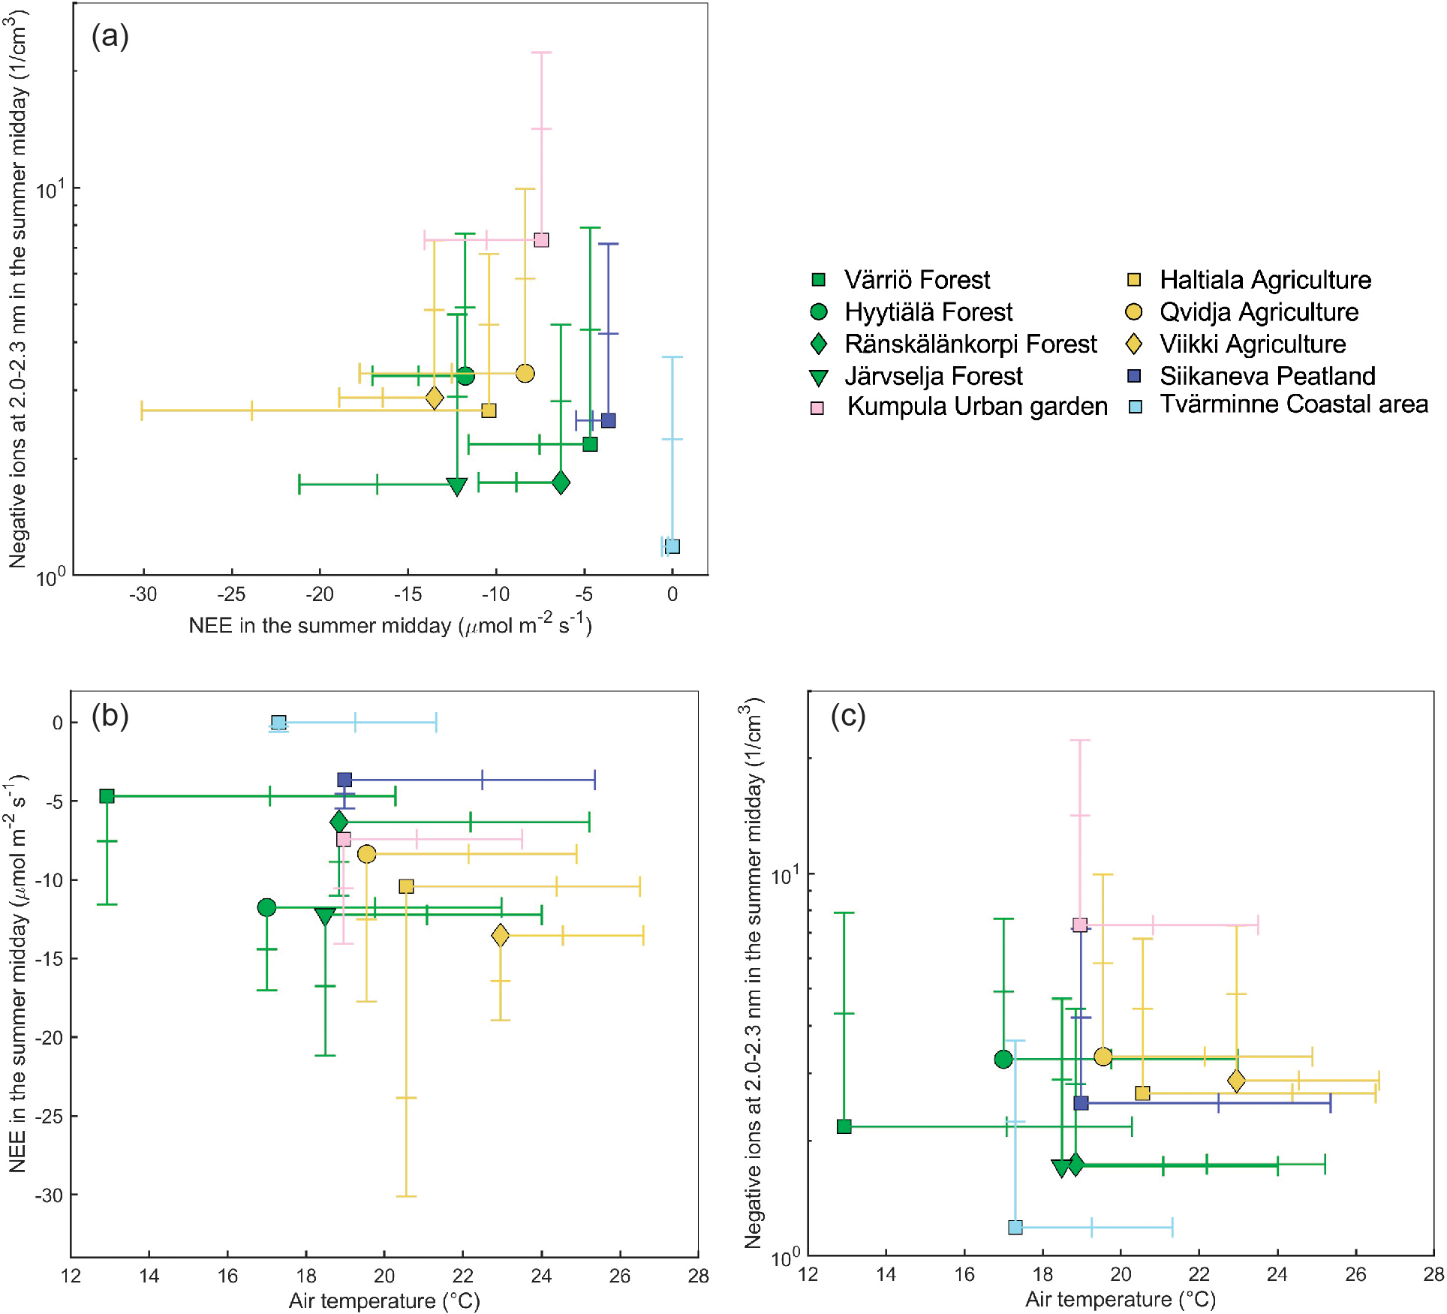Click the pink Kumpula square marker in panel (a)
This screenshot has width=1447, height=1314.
point(541,240)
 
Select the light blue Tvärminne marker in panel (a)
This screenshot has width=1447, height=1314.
point(672,546)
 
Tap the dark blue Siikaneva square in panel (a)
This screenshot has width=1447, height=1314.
point(609,420)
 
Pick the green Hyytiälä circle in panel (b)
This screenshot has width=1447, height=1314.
point(266,907)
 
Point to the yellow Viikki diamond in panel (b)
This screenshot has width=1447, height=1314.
point(501,935)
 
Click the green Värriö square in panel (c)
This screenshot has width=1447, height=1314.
point(844,1126)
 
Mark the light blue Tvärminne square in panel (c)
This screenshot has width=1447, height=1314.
point(1015,1227)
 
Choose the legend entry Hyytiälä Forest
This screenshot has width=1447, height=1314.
point(928,312)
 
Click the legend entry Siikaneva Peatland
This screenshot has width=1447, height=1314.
point(1267,375)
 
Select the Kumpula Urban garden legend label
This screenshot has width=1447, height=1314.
point(977,407)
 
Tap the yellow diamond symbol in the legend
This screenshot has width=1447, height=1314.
point(1134,344)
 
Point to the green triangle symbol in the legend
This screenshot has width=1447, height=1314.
point(819,377)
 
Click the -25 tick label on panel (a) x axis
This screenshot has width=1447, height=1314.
point(231,594)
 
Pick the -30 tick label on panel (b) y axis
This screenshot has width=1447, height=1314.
point(49,1195)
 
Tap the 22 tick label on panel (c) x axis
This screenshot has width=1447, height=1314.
point(1199,1274)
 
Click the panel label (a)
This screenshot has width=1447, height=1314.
point(110,35)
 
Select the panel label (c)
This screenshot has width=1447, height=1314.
point(848,716)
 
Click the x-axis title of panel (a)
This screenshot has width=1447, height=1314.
point(390,625)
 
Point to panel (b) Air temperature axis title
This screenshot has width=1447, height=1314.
point(384,1300)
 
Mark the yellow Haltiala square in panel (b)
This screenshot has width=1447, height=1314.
point(406,886)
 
